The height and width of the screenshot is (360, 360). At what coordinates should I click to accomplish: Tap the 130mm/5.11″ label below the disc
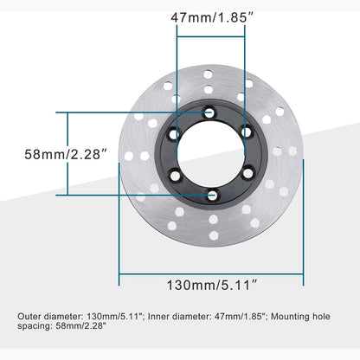tap(211, 283)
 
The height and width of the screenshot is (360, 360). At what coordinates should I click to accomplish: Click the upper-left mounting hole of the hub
tap(175, 133)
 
